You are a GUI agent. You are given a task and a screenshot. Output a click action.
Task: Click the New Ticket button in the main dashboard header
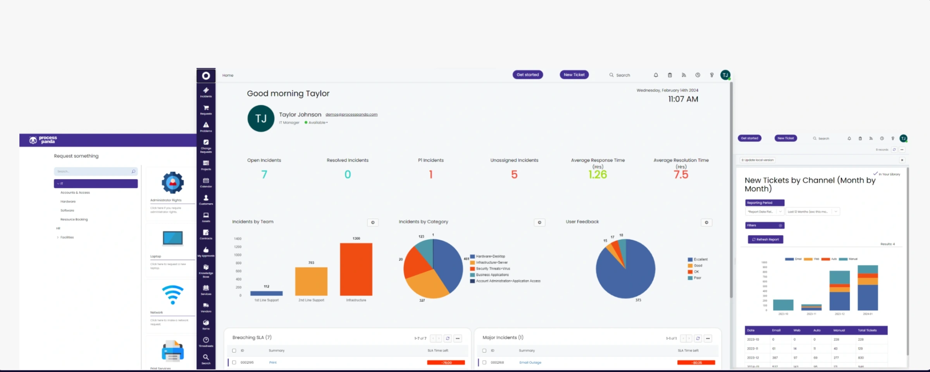tap(574, 75)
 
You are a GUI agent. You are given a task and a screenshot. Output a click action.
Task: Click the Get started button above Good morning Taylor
tap(527, 75)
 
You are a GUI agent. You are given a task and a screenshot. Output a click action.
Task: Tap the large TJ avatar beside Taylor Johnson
tap(261, 119)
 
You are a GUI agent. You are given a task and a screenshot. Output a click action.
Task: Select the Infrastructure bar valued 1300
tap(356, 269)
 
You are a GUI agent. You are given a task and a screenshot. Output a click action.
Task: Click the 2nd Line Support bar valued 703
tap(311, 281)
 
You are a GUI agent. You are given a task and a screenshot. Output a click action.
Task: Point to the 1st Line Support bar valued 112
tap(266, 293)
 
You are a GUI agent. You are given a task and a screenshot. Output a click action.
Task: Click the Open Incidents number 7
tap(264, 175)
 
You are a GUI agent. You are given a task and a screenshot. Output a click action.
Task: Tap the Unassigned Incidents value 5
tap(514, 175)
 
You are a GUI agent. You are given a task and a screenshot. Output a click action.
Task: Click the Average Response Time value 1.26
tap(597, 175)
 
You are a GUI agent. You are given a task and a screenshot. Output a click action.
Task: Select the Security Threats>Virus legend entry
tap(493, 268)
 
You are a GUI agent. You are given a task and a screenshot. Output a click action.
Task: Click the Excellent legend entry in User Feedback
tap(700, 260)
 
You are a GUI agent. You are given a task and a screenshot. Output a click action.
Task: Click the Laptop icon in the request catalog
tap(172, 238)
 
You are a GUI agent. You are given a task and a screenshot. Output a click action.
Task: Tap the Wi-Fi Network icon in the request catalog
tap(172, 295)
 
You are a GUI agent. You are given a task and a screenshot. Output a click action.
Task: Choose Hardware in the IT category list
tap(68, 201)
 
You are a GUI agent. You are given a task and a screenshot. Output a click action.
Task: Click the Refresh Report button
tap(765, 239)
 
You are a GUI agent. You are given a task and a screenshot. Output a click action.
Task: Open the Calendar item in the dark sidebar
tap(206, 182)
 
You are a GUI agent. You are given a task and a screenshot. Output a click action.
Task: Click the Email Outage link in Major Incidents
tap(530, 362)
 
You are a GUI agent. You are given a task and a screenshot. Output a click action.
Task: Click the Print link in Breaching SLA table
tap(273, 362)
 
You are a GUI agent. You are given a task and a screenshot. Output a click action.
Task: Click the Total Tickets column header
tap(867, 330)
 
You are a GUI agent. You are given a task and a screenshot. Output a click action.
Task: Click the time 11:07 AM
tap(683, 99)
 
